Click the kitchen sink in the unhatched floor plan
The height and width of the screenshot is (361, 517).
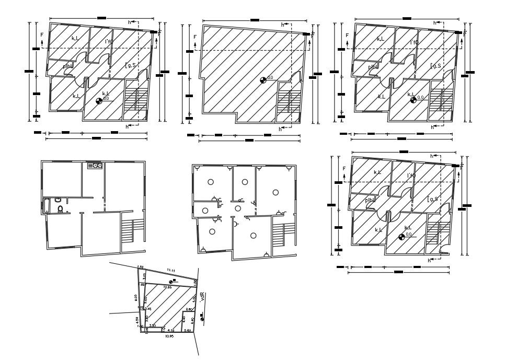pyautogui.click(x=95, y=166)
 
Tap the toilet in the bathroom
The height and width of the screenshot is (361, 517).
pyautogui.click(x=61, y=209)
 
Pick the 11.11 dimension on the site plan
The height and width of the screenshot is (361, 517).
pyautogui.click(x=170, y=270)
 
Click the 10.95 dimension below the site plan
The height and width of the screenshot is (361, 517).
pyautogui.click(x=169, y=336)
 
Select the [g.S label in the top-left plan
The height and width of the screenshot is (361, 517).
pyautogui.click(x=130, y=65)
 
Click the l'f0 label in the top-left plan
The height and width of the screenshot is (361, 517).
pyautogui.click(x=108, y=42)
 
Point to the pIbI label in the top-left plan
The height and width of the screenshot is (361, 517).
pyautogui.click(x=67, y=66)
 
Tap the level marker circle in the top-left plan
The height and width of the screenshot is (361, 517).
pyautogui.click(x=99, y=101)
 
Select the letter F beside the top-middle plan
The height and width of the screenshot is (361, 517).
pyautogui.click(x=194, y=37)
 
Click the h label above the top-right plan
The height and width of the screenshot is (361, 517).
pyautogui.click(x=434, y=23)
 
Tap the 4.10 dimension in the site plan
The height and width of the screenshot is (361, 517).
pyautogui.click(x=171, y=330)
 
